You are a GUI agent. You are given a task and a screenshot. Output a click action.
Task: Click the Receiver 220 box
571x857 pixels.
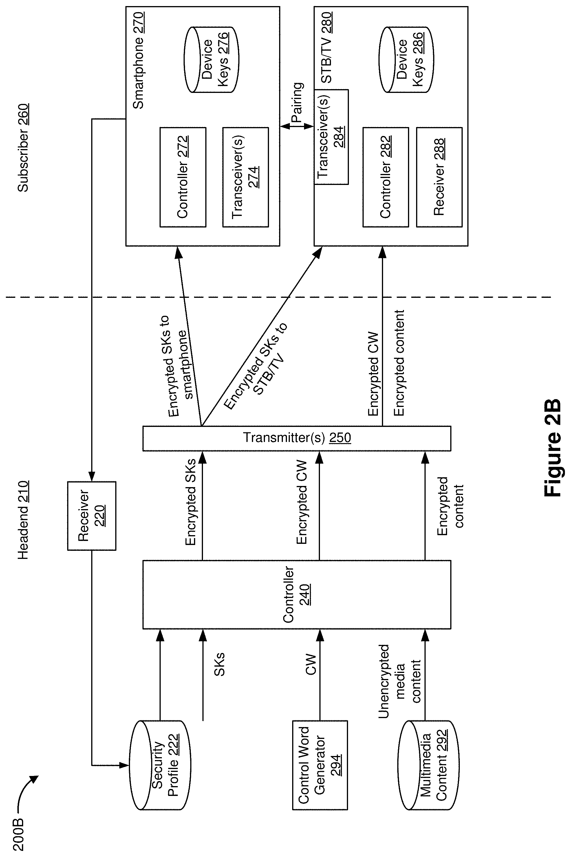92,516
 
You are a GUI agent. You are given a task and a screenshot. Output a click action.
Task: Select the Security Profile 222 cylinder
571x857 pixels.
160,765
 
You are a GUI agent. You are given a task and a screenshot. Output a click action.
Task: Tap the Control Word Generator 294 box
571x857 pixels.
320,765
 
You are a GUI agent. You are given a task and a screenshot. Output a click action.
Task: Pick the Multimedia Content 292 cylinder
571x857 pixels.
428,765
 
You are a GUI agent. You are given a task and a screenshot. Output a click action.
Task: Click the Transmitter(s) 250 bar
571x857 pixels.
297,438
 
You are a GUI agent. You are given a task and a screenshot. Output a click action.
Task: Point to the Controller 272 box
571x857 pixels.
183,177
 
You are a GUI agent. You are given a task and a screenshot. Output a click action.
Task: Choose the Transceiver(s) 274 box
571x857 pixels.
246,177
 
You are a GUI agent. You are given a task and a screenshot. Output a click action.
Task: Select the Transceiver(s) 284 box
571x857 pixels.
331,137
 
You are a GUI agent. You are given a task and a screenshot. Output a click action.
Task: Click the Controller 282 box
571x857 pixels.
386,177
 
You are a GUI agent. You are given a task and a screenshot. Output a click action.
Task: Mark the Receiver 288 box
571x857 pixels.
439,177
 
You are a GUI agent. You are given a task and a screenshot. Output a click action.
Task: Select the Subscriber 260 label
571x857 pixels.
23,148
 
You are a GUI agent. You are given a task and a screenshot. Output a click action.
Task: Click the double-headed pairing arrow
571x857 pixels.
297,126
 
